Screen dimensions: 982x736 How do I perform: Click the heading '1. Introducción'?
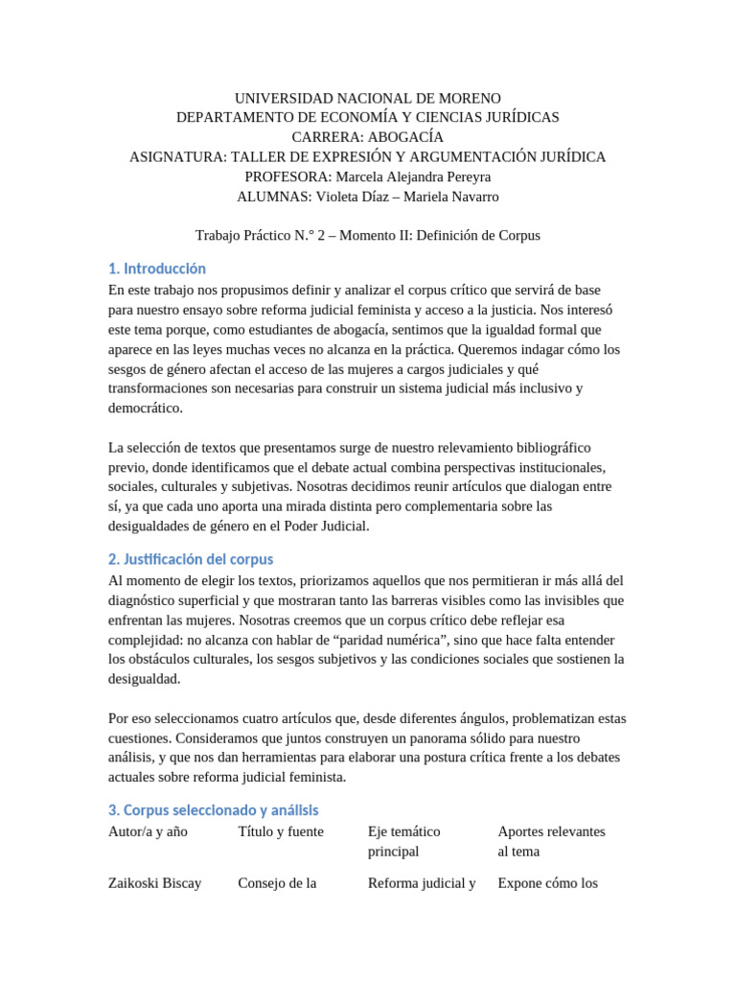[x=157, y=269]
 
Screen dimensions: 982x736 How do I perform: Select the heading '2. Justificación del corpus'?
[x=191, y=559]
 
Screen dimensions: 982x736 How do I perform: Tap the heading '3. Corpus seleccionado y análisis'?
[x=213, y=809]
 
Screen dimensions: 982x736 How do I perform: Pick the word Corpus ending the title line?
[x=518, y=235]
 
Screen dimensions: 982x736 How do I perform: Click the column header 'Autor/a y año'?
[x=148, y=831]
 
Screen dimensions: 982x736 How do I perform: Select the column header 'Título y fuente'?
[x=281, y=831]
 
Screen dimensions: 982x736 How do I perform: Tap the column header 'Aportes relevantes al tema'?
[x=551, y=841]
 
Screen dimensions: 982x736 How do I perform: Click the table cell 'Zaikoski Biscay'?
[x=155, y=883]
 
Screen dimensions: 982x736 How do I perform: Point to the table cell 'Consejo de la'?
[x=277, y=883]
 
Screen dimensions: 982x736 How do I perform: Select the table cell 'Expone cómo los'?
[x=547, y=883]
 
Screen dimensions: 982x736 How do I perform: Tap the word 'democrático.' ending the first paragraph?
[x=145, y=408]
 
